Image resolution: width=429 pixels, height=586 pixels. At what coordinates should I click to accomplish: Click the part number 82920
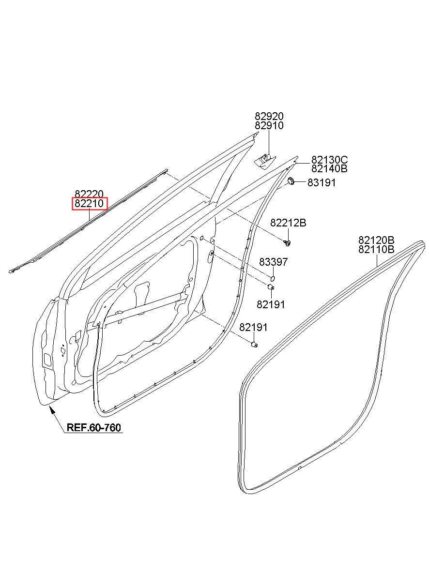point(269,116)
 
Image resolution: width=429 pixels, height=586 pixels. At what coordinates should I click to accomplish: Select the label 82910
point(269,126)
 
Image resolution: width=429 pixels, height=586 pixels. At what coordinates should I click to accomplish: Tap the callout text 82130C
point(329,160)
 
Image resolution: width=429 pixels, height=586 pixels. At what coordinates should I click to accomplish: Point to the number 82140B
point(329,169)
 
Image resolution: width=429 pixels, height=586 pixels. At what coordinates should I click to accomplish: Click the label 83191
point(321,182)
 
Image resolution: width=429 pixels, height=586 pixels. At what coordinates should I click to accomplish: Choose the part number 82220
point(89,194)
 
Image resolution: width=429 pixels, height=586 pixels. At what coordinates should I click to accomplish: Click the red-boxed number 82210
point(89,204)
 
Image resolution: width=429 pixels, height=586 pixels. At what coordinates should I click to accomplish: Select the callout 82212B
point(288,223)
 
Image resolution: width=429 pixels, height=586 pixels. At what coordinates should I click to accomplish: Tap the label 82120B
point(376,240)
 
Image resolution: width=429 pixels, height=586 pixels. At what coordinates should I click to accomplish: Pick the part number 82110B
point(376,249)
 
